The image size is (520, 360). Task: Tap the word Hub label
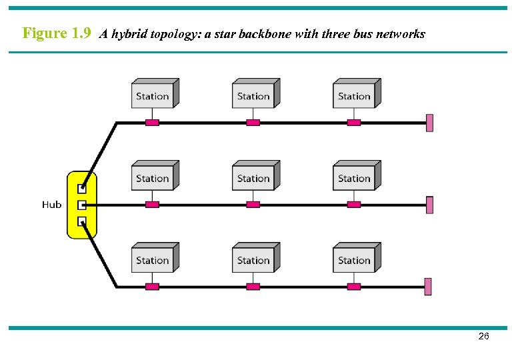51,205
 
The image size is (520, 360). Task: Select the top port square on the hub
82,189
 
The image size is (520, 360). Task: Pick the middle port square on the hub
82,205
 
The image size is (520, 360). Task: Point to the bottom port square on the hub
82,221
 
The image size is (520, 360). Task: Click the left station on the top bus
153,95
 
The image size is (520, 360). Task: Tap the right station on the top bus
355,95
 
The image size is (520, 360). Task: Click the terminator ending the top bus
429,123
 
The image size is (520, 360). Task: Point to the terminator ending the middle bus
429,205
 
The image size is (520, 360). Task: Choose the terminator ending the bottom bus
429,287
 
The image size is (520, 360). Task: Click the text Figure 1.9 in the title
57,33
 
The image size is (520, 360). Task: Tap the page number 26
484,337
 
